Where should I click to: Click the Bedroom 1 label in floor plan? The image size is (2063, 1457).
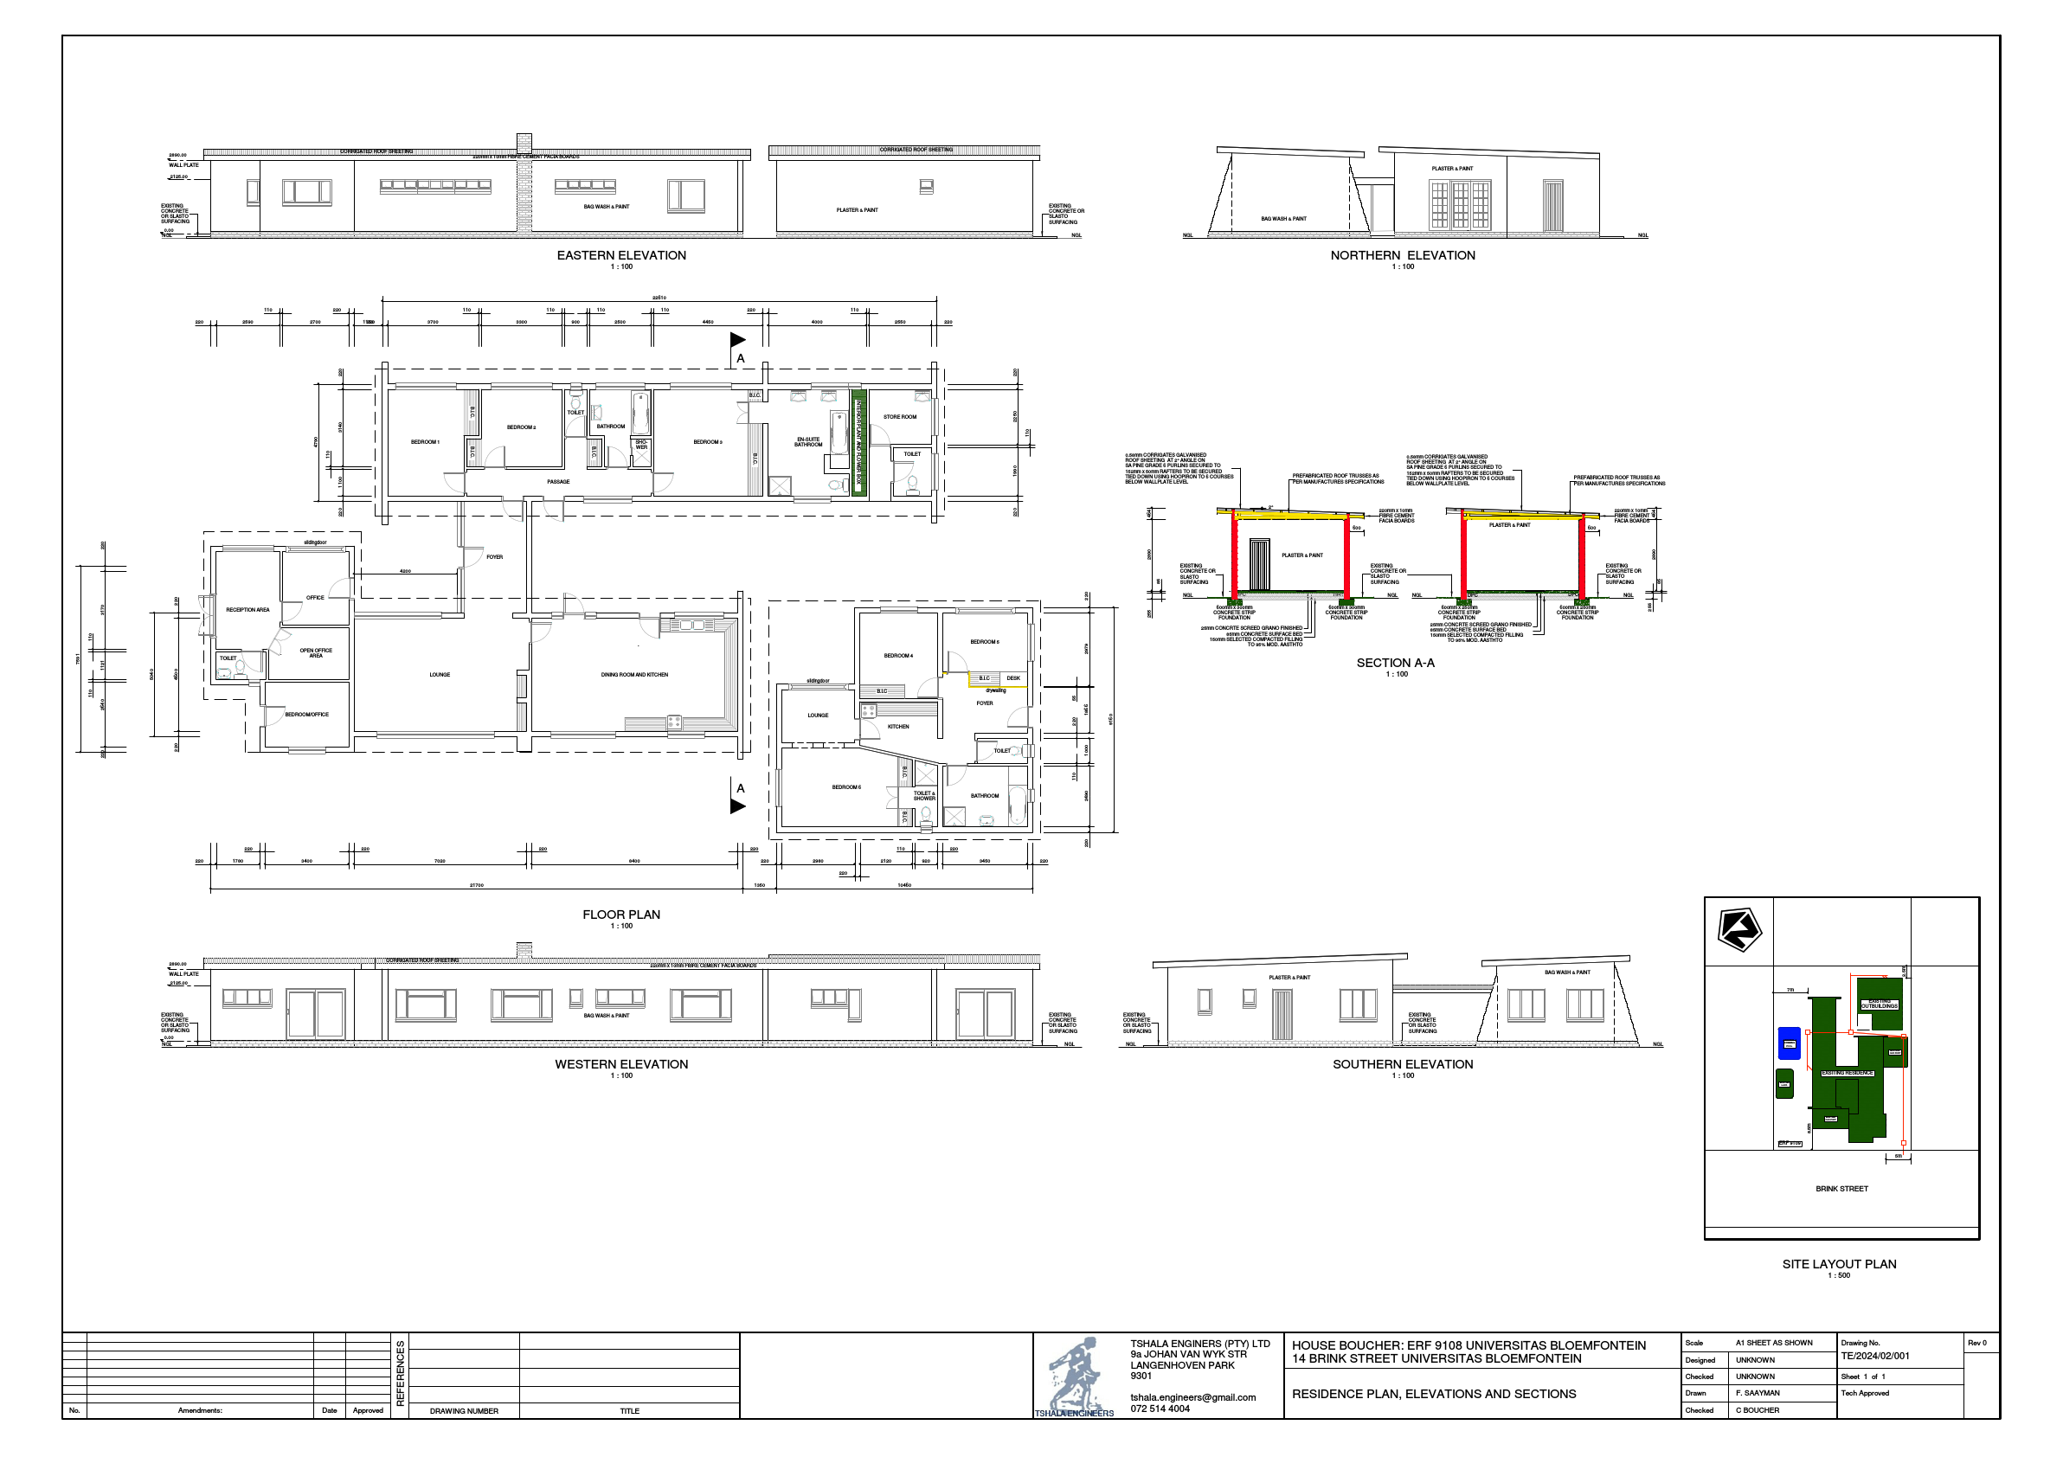coord(425,442)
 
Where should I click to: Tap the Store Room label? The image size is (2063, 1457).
coord(899,417)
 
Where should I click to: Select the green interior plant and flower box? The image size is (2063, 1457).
coord(858,443)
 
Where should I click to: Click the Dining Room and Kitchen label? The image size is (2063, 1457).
coord(634,675)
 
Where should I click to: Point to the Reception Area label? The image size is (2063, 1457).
coord(248,610)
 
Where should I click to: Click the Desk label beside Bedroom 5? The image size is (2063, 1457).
coord(1013,678)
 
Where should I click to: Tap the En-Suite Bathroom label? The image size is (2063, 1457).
coord(807,442)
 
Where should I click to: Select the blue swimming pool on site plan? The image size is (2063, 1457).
coord(1789,1043)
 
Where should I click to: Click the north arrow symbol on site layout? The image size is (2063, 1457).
coord(1739,930)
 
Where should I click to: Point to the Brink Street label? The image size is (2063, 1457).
coord(1841,1189)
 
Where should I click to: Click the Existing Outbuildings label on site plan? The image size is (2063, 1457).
coord(1879,1004)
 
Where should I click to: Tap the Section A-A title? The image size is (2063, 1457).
coord(1396,663)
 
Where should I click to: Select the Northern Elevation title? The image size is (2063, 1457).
coord(1403,255)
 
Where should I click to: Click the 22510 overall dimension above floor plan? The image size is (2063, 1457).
coord(659,298)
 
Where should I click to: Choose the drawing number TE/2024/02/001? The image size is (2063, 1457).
coord(1874,1357)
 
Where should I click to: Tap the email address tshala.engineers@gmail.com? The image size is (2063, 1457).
coord(1192,1397)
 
